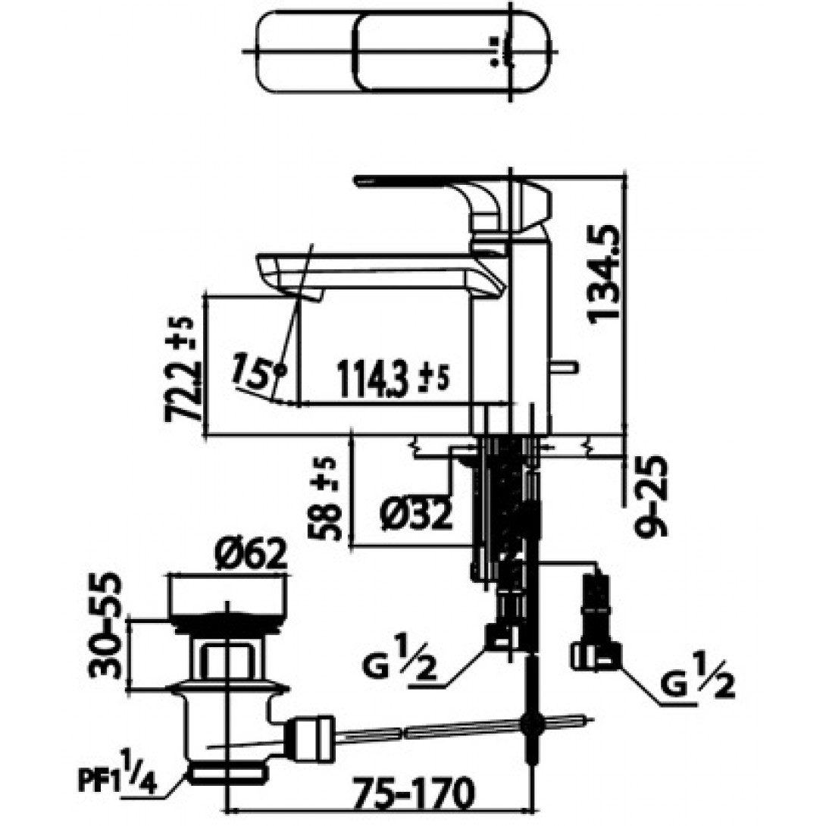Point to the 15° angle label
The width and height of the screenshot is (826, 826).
click(259, 372)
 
